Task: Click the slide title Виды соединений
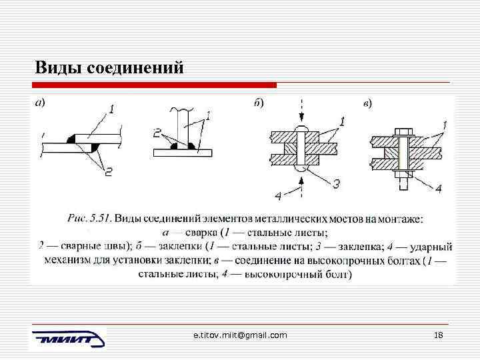pos(108,68)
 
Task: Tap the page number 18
pos(438,335)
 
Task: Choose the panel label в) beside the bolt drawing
pos(367,103)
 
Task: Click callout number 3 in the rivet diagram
pos(336,183)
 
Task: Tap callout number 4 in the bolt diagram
pos(438,189)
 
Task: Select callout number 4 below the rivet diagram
pos(277,195)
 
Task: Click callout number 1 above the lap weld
pos(111,109)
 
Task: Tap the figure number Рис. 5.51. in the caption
pos(90,218)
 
